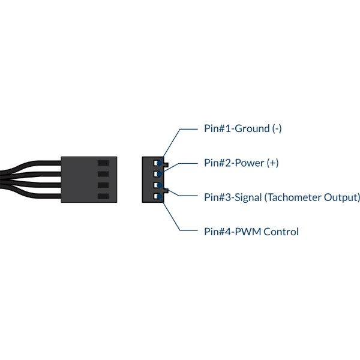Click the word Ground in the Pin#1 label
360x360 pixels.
pyautogui.click(x=253, y=128)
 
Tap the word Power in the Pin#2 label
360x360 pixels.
pyautogui.click(x=250, y=163)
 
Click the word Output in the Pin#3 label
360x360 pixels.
pyautogui.click(x=340, y=197)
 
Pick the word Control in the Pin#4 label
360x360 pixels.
pyautogui.click(x=281, y=232)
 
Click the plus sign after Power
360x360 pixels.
pyautogui.click(x=272, y=163)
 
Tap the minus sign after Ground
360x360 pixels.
pyautogui.click(x=277, y=129)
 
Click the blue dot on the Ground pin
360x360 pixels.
pyautogui.click(x=160, y=163)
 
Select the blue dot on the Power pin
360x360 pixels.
pyautogui.click(x=160, y=174)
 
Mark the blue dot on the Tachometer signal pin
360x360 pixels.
pyautogui.click(x=160, y=185)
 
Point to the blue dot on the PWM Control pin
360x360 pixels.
pyautogui.click(x=160, y=196)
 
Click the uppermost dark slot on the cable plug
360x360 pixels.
pyautogui.click(x=103, y=163)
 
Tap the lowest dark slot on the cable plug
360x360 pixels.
pyautogui.click(x=103, y=196)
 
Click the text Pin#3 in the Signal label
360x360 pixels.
pyautogui.click(x=217, y=197)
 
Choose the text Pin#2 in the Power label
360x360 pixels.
pyautogui.click(x=217, y=163)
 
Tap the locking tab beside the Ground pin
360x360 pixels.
pyautogui.click(x=166, y=165)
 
